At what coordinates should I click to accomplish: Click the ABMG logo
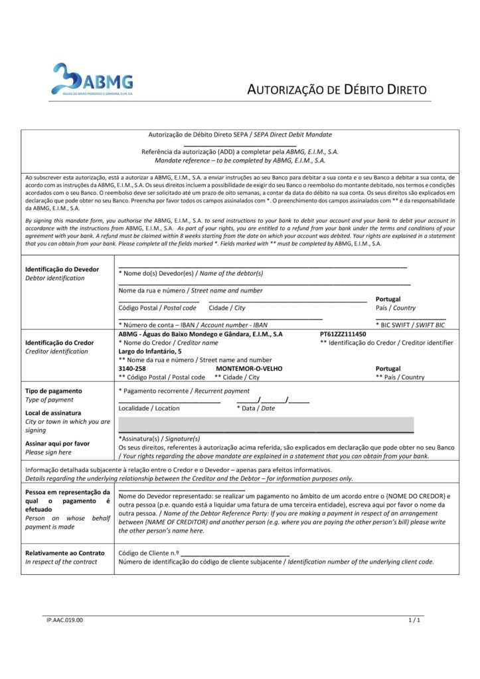click(93, 79)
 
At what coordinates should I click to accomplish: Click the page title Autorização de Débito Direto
click(337, 90)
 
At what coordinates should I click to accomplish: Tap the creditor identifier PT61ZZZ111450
click(343, 334)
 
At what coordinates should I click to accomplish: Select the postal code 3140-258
click(132, 369)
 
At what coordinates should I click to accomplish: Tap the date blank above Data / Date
click(273, 400)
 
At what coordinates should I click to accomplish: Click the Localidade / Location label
click(149, 408)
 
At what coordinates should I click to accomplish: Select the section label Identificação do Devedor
click(62, 269)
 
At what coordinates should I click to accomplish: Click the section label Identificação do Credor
click(59, 343)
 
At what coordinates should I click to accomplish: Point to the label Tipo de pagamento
click(54, 391)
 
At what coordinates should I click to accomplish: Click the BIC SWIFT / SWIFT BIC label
click(410, 325)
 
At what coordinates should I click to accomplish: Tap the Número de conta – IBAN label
click(193, 325)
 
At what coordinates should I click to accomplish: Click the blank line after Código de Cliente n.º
click(235, 552)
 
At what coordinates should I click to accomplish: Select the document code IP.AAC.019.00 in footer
click(64, 620)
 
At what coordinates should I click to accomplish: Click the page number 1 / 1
click(414, 620)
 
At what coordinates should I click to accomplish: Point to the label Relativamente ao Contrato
click(65, 553)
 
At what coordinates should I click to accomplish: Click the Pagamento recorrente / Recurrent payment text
click(184, 391)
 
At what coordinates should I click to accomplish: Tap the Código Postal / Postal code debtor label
click(157, 308)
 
